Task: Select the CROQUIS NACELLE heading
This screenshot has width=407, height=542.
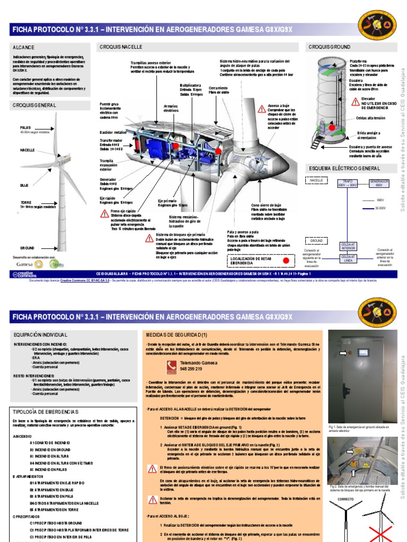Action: coord(121,47)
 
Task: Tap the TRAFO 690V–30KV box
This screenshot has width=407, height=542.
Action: coord(346,184)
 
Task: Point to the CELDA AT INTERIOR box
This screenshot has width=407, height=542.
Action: coord(347,245)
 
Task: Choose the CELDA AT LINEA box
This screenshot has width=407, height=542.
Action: coord(347,258)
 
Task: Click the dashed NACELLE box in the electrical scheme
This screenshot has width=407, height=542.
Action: coord(317,180)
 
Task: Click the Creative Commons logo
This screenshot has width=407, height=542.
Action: coord(24,274)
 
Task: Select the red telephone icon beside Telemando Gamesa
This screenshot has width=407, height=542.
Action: coord(171,365)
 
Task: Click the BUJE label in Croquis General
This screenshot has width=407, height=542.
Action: coord(24,185)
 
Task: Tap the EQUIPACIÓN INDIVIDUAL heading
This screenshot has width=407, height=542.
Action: coord(40,335)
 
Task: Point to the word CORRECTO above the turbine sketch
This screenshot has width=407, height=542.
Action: coord(346,498)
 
